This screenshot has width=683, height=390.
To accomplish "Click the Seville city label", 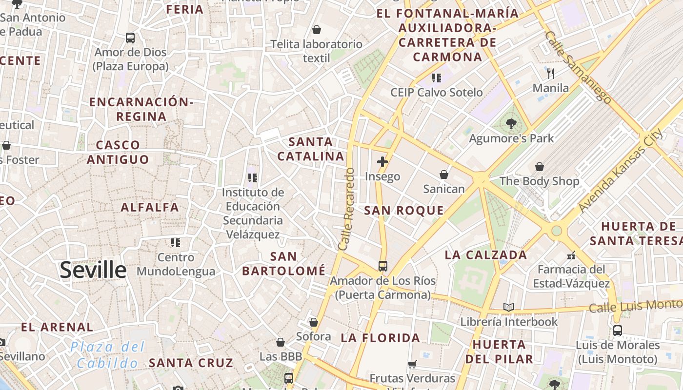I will [x=93, y=270].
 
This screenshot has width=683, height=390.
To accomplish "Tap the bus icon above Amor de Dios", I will [x=130, y=38].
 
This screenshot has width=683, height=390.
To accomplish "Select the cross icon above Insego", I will [x=382, y=162].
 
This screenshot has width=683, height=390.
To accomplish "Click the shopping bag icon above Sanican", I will [x=444, y=174].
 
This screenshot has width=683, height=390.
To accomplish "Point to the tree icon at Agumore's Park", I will [x=511, y=124].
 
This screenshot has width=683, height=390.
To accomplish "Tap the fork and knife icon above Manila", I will [x=551, y=74].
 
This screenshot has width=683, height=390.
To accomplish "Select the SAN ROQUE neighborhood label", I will [x=404, y=211].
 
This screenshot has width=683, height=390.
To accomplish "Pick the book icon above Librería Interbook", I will [x=509, y=307].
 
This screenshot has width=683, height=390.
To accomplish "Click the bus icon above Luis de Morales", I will [x=618, y=331].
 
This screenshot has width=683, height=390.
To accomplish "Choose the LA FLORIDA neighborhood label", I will [x=381, y=338].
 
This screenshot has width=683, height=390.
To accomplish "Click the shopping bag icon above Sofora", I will [x=314, y=322].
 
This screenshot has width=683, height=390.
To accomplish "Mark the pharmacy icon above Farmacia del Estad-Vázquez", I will [x=571, y=255].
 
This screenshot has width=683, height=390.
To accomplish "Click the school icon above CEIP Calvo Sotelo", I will [x=437, y=78].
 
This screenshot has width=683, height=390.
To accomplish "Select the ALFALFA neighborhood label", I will [x=150, y=207].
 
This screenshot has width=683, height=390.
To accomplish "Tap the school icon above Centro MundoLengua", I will [x=176, y=242].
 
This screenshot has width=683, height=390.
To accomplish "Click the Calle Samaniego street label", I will [x=578, y=68].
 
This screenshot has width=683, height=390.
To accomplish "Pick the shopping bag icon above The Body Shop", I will [x=540, y=167].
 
